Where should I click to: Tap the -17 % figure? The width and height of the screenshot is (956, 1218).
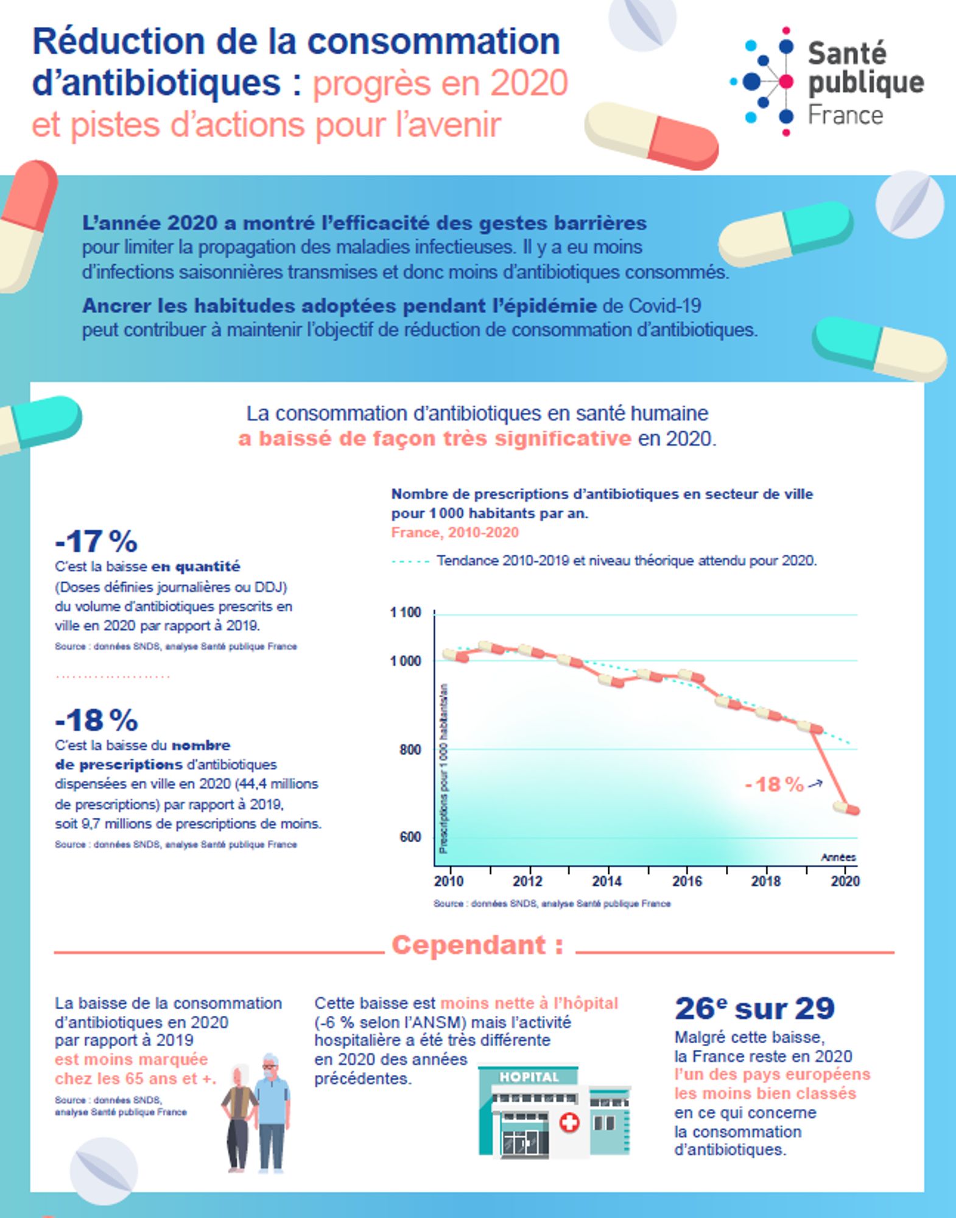click(x=96, y=541)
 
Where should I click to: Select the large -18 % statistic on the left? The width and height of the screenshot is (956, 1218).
click(x=96, y=720)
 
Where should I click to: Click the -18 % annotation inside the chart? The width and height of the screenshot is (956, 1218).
click(x=775, y=784)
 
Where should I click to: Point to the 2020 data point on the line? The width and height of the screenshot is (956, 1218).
click(x=846, y=809)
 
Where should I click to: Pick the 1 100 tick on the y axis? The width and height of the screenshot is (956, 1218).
click(x=406, y=613)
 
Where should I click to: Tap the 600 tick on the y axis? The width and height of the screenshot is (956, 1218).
click(x=410, y=837)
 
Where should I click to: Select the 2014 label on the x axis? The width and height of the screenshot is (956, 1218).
click(x=606, y=881)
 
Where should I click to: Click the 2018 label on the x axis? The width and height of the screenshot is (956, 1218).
click(x=765, y=881)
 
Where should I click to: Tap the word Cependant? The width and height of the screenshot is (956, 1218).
click(x=469, y=946)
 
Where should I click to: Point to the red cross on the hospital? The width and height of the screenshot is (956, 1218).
click(x=569, y=1122)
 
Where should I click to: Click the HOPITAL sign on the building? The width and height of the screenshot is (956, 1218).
click(x=529, y=1077)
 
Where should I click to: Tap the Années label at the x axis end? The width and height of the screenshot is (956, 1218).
click(x=838, y=857)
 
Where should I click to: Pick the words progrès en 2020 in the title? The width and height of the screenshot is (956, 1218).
click(x=440, y=83)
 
